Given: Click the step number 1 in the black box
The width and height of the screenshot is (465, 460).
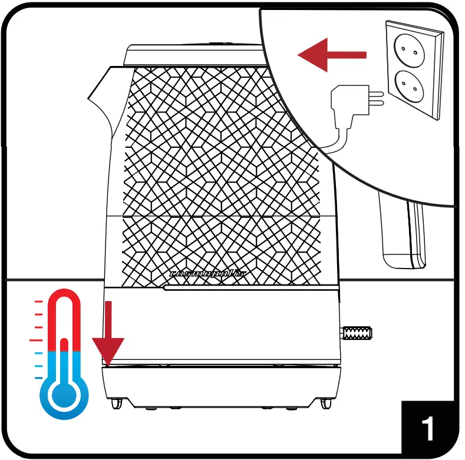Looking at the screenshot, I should click(x=429, y=429).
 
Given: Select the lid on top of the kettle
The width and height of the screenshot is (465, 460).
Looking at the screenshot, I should click(x=194, y=55).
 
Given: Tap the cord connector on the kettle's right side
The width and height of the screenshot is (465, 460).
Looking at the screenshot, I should click(x=357, y=333).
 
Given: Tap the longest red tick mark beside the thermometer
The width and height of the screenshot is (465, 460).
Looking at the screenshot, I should click(x=36, y=340).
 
